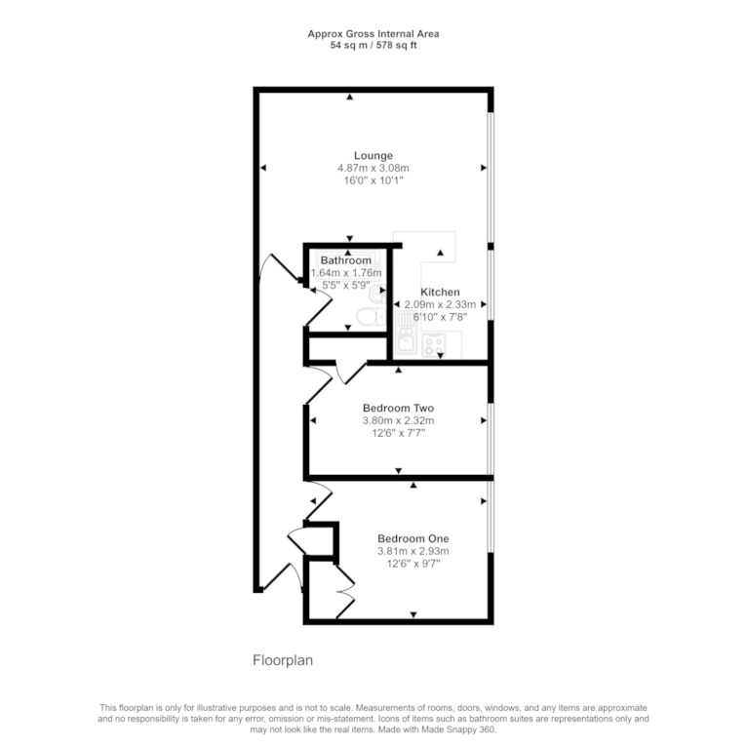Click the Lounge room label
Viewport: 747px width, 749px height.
tap(373, 156)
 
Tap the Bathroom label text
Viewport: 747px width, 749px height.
tap(346, 260)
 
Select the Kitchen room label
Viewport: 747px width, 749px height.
tap(440, 293)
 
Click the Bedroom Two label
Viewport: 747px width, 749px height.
tap(398, 408)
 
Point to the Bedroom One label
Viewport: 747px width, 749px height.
tap(413, 538)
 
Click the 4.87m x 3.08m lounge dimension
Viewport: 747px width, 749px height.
tap(373, 168)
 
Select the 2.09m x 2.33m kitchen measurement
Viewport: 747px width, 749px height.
tap(440, 304)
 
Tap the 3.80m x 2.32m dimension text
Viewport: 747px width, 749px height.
tap(398, 421)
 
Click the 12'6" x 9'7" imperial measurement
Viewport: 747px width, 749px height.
tap(413, 564)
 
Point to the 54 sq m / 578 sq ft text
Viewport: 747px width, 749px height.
tap(373, 46)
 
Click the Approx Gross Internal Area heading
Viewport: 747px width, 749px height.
tap(373, 34)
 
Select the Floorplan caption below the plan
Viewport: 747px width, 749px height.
tap(283, 660)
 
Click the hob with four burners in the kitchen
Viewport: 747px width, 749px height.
tap(434, 345)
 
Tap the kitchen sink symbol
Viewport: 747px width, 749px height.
tap(406, 342)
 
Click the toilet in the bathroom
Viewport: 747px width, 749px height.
tap(371, 317)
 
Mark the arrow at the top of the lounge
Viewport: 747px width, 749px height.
tap(350, 97)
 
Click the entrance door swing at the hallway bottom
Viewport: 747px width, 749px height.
tap(283, 578)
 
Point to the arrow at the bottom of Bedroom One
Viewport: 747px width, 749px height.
tap(413, 614)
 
